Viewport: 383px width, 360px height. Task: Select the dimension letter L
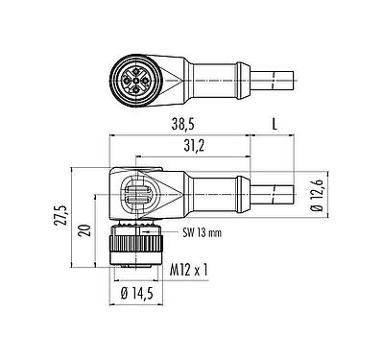click(275, 126)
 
